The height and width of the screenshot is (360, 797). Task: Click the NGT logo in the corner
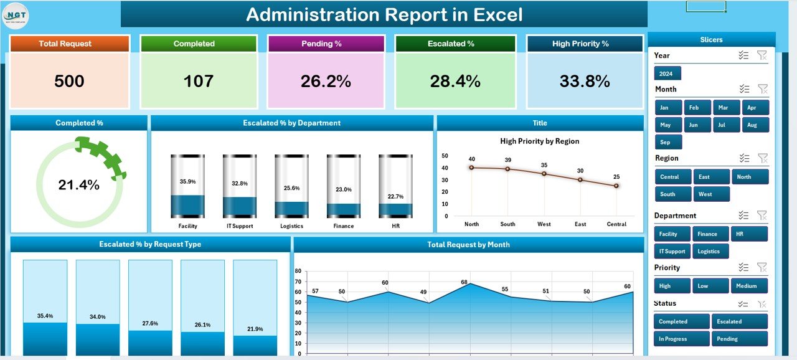pyautogui.click(x=16, y=16)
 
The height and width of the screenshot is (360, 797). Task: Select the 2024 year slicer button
pyautogui.click(x=667, y=73)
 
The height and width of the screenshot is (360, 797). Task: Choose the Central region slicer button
pyautogui.click(x=669, y=177)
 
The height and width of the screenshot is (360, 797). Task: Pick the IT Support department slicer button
pyautogui.click(x=672, y=252)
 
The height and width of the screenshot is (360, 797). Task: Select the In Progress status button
pyautogui.click(x=681, y=339)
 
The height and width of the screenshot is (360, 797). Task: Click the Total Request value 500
pyautogui.click(x=69, y=81)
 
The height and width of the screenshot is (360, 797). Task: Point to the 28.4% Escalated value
pyautogui.click(x=456, y=81)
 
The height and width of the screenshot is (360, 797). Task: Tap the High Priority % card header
pyautogui.click(x=584, y=44)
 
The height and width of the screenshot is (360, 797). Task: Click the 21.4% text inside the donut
pyautogui.click(x=78, y=185)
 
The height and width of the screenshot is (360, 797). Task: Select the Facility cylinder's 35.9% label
pyautogui.click(x=187, y=182)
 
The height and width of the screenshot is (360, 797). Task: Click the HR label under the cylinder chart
pyautogui.click(x=395, y=225)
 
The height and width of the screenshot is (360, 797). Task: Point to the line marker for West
pyautogui.click(x=544, y=173)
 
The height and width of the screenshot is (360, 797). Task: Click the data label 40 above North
pyautogui.click(x=472, y=159)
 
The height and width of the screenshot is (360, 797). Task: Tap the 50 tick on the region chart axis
pyautogui.click(x=445, y=156)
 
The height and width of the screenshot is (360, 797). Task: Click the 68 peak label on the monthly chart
pyautogui.click(x=464, y=282)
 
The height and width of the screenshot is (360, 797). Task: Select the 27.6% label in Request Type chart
pyautogui.click(x=150, y=323)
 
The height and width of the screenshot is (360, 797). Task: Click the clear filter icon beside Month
pyautogui.click(x=762, y=89)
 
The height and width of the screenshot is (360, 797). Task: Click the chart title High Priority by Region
pyautogui.click(x=539, y=141)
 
